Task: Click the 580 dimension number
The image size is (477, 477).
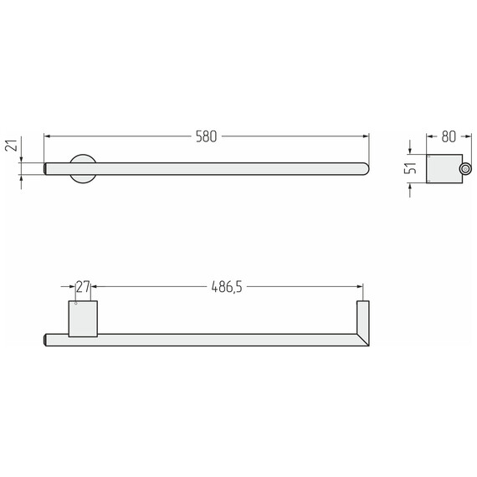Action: point(206,136)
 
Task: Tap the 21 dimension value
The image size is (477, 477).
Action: point(11,146)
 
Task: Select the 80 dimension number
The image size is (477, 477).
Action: point(449,136)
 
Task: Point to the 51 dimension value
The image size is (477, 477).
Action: point(410,168)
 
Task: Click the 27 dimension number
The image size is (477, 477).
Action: point(83,286)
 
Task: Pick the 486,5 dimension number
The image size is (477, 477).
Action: point(227,286)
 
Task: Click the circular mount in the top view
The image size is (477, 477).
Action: point(83,169)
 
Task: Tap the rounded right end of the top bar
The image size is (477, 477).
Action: point(365,169)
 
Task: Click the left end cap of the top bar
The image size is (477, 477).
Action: point(45,169)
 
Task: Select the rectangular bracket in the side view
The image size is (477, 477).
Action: point(444,169)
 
